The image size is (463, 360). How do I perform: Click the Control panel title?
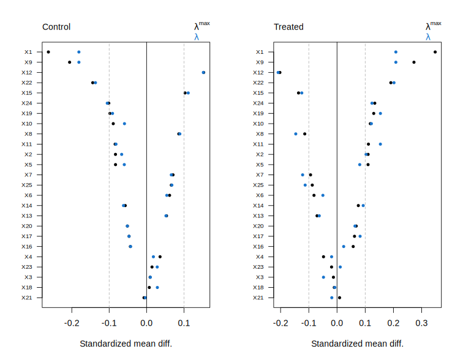pos(56,27)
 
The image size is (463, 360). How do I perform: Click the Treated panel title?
pos(288,27)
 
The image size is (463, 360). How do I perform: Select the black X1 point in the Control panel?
pos(48,52)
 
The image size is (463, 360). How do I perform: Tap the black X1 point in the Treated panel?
pos(435,52)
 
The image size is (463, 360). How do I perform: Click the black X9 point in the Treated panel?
pos(414,62)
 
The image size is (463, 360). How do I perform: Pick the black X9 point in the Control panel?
pos(70,62)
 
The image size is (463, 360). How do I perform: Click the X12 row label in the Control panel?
pos(27,72)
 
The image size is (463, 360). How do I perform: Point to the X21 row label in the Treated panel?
pos(258,298)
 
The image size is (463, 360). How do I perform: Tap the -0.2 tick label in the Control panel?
pos(72,322)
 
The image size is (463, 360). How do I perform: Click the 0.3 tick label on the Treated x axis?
pos(422,322)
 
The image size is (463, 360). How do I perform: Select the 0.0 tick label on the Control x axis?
pos(146,322)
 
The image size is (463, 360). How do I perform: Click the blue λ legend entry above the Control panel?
pos(197,37)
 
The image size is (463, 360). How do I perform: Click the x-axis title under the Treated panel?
pos(357,343)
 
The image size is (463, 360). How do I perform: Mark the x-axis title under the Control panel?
pos(126,343)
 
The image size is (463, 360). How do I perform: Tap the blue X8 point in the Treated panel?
pos(296,133)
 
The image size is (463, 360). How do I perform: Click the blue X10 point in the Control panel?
pos(124,124)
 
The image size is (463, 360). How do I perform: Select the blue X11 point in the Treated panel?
pos(380,144)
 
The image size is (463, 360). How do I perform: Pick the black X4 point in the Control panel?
pos(160,257)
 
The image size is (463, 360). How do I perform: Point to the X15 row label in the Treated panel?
pos(258,93)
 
